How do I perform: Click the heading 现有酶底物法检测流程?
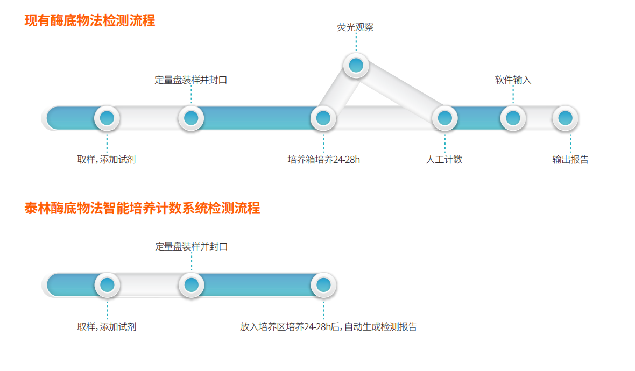coord(90,21)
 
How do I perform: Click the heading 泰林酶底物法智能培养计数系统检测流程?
coord(142,209)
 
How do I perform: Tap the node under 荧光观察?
coord(356,66)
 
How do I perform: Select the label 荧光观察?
coord(355,27)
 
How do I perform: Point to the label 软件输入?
coord(513,80)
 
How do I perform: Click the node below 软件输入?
coord(513,118)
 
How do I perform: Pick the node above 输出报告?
coord(565,118)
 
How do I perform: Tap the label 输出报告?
coord(570,160)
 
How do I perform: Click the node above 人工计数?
coord(444,118)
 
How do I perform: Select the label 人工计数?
coord(444,160)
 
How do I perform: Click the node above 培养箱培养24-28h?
coord(323,118)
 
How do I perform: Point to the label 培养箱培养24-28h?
coord(323,160)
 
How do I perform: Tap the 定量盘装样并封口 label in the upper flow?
coord(191,80)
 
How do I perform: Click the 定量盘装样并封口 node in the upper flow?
coord(191,118)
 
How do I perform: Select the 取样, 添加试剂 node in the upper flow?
coord(107,118)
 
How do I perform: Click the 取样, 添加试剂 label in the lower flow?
coord(107,327)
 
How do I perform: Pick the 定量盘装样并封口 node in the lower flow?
coord(191,285)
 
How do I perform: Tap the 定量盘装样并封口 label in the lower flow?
coord(192,247)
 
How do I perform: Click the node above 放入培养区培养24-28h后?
coord(323,285)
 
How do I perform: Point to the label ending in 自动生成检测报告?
coord(328,327)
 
